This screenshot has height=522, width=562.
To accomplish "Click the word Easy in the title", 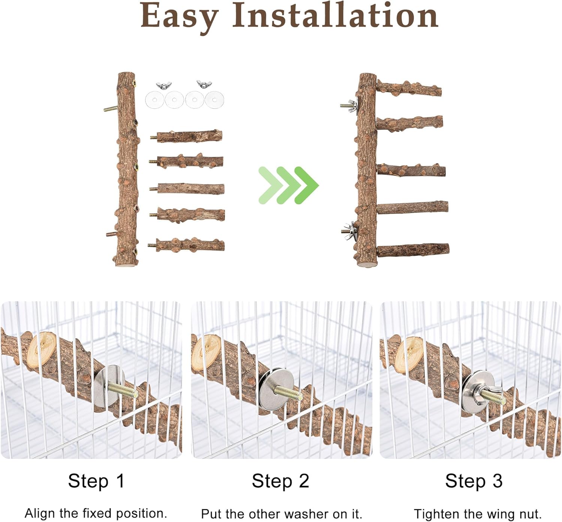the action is [179, 17].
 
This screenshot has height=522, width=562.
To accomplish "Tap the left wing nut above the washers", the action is [164, 85].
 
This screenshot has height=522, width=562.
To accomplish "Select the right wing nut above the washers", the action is [204, 84].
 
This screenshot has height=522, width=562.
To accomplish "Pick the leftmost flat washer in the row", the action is [155, 99].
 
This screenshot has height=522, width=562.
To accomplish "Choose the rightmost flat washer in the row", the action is [214, 99].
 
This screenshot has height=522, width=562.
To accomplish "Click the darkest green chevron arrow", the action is [307, 185].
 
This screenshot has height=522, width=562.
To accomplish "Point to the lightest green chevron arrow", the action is [271, 185].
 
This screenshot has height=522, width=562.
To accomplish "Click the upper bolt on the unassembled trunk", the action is [111, 108].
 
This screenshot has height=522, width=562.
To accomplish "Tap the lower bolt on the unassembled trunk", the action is [112, 234].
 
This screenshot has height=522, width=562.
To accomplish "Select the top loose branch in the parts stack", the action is [186, 136].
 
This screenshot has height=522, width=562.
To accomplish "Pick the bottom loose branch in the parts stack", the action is [186, 245].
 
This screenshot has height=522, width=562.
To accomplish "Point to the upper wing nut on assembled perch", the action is [349, 106].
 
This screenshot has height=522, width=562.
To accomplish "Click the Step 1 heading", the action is [96, 481].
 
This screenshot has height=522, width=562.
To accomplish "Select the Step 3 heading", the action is [474, 481].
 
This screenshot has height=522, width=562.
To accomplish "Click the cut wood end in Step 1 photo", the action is [41, 350].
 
